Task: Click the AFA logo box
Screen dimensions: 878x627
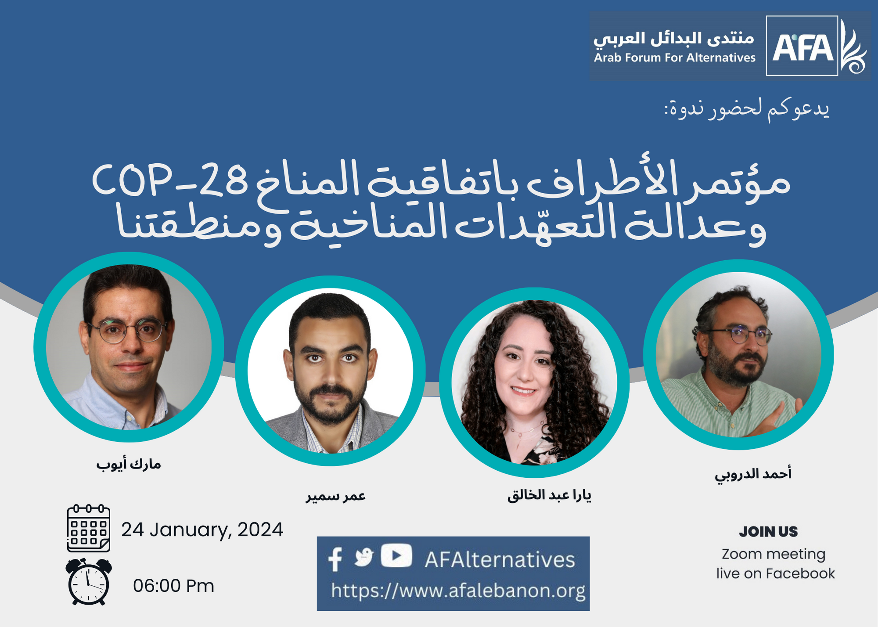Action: (802, 46)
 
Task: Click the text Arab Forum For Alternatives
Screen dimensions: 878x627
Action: (675, 58)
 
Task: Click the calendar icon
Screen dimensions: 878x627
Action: (89, 528)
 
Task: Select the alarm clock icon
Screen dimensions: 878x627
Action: (89, 582)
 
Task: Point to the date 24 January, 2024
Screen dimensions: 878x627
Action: (202, 530)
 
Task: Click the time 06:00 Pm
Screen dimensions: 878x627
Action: (173, 586)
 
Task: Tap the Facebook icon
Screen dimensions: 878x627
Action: (335, 559)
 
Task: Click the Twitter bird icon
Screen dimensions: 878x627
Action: (364, 557)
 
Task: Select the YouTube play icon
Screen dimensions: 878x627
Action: (396, 555)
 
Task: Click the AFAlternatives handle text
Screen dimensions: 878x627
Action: (500, 560)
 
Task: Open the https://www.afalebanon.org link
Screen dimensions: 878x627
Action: (458, 591)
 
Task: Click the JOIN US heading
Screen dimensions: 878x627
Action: (768, 532)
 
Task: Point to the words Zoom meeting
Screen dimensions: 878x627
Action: (774, 554)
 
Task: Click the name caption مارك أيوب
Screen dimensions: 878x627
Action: (129, 464)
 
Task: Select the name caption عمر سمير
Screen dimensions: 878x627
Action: (336, 496)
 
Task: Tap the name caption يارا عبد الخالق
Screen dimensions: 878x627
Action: (549, 495)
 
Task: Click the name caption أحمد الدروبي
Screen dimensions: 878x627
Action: (753, 475)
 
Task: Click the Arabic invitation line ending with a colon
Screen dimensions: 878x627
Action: (746, 109)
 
